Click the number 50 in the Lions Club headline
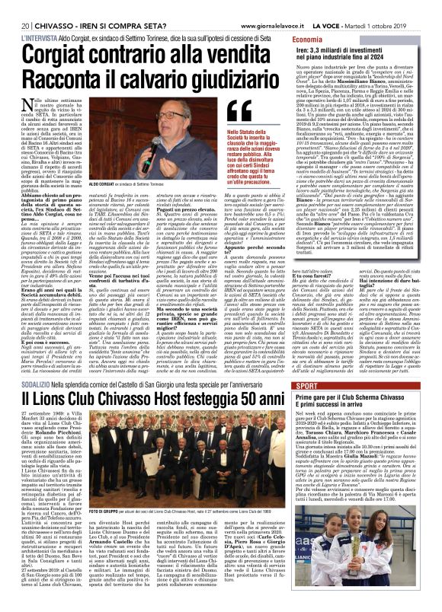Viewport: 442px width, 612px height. point(258,419)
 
